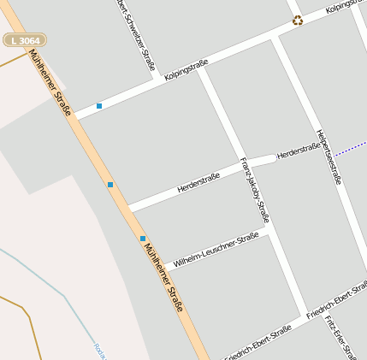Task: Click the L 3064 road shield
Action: point(25,40)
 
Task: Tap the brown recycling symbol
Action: point(297,20)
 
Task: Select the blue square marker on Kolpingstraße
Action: point(99,106)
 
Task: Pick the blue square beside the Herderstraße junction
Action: point(110,185)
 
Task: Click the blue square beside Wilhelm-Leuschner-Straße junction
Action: point(143,239)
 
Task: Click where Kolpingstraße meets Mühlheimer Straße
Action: point(76,115)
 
